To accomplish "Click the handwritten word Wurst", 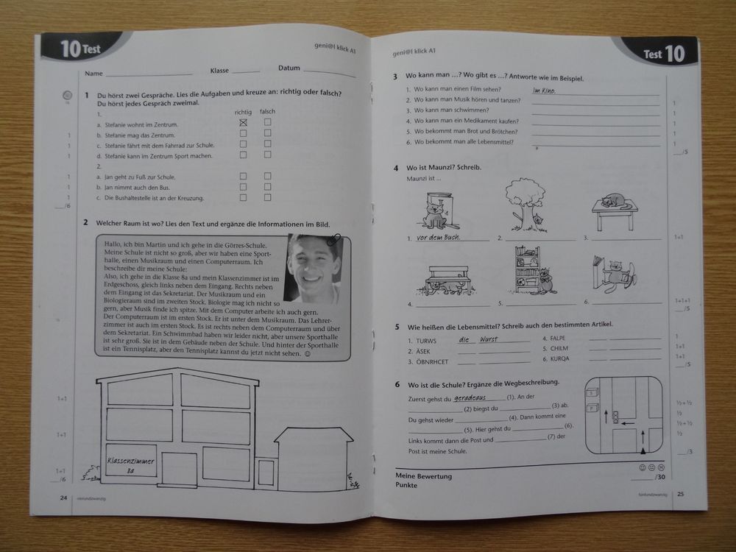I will point(488,339).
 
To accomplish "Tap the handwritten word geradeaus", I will point(471,395).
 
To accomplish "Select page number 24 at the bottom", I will point(65,498).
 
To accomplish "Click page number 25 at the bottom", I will point(681,493).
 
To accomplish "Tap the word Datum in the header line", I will point(289,68).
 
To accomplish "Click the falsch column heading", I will point(267,111).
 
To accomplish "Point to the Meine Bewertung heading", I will point(424,475).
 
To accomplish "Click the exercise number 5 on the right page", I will point(397,326).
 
